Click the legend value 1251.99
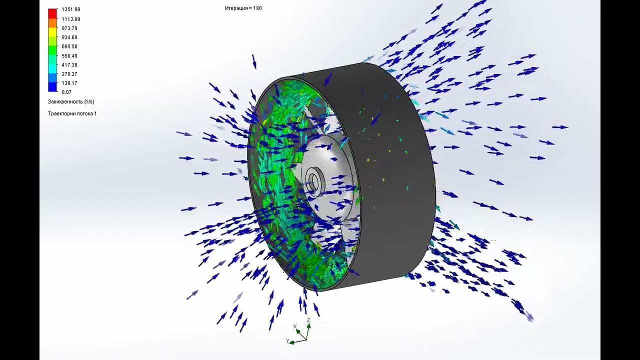point(71,9)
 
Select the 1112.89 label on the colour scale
point(71,19)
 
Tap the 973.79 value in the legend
point(69,28)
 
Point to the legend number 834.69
point(69,37)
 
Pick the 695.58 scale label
point(69,46)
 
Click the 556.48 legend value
point(69,55)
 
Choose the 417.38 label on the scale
point(69,65)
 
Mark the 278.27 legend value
point(69,74)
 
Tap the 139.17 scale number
point(69,83)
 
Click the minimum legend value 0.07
point(66,92)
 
